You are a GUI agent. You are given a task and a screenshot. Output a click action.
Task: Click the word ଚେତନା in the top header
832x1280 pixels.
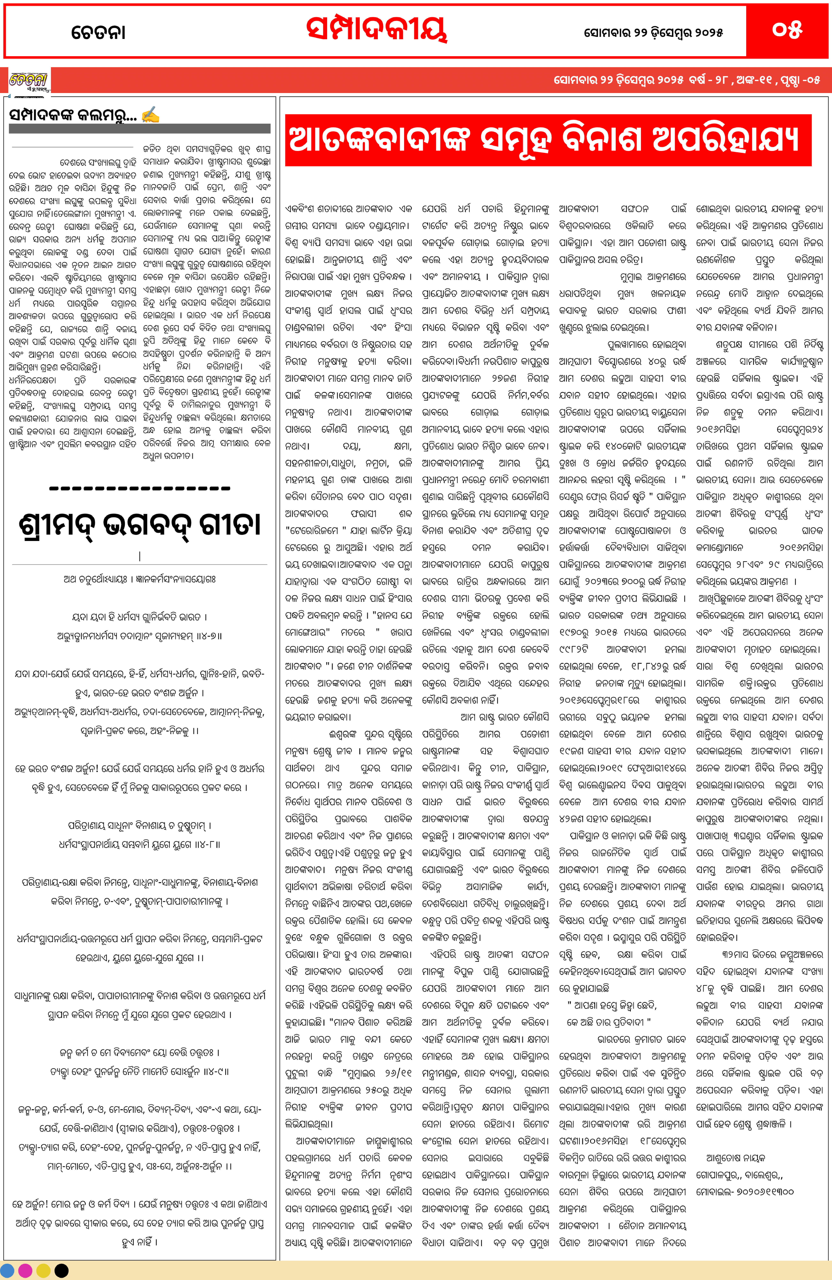(99, 32)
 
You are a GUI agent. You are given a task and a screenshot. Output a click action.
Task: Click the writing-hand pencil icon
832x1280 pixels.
(150, 115)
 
